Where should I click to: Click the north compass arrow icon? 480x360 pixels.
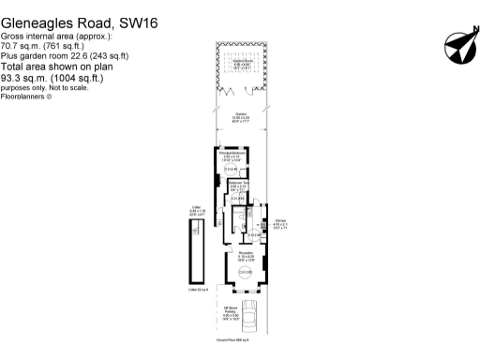(457, 44)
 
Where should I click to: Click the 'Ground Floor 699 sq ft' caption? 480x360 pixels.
(244, 352)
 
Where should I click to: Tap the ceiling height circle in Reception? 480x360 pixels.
(245, 272)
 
